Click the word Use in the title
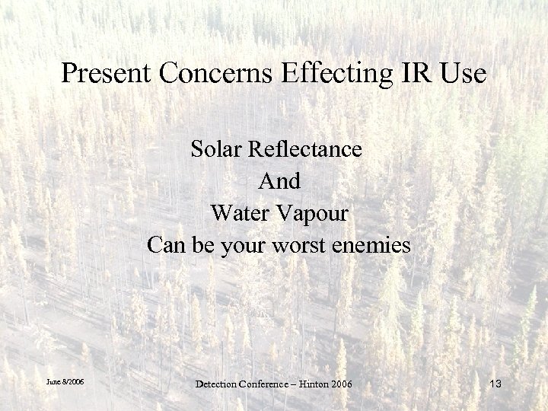pos(459,74)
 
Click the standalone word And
pos(279,181)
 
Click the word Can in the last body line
pos(164,246)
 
